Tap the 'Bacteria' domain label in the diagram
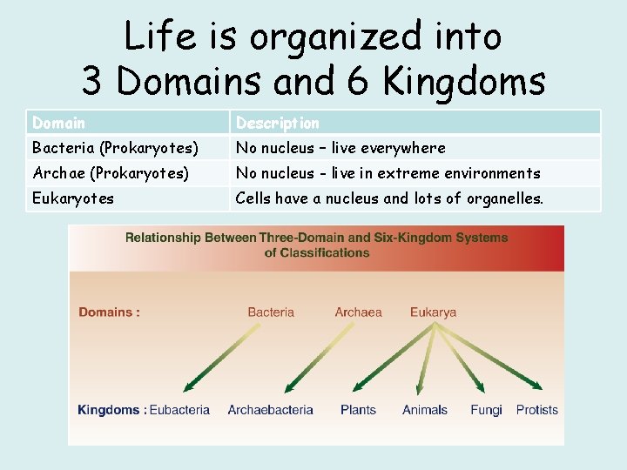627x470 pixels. pyautogui.click(x=271, y=312)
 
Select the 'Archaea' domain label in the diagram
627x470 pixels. pyautogui.click(x=358, y=312)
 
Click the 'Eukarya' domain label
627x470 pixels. pyautogui.click(x=433, y=312)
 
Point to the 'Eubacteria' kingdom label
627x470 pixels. pyautogui.click(x=179, y=410)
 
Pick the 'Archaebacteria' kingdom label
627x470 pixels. pyautogui.click(x=271, y=410)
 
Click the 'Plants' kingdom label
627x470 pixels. pyautogui.click(x=358, y=410)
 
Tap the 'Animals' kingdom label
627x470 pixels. pyautogui.click(x=425, y=410)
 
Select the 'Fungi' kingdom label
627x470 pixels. pyautogui.click(x=486, y=410)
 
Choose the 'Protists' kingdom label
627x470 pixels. pyautogui.click(x=536, y=410)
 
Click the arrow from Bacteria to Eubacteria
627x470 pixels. pyautogui.click(x=222, y=357)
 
